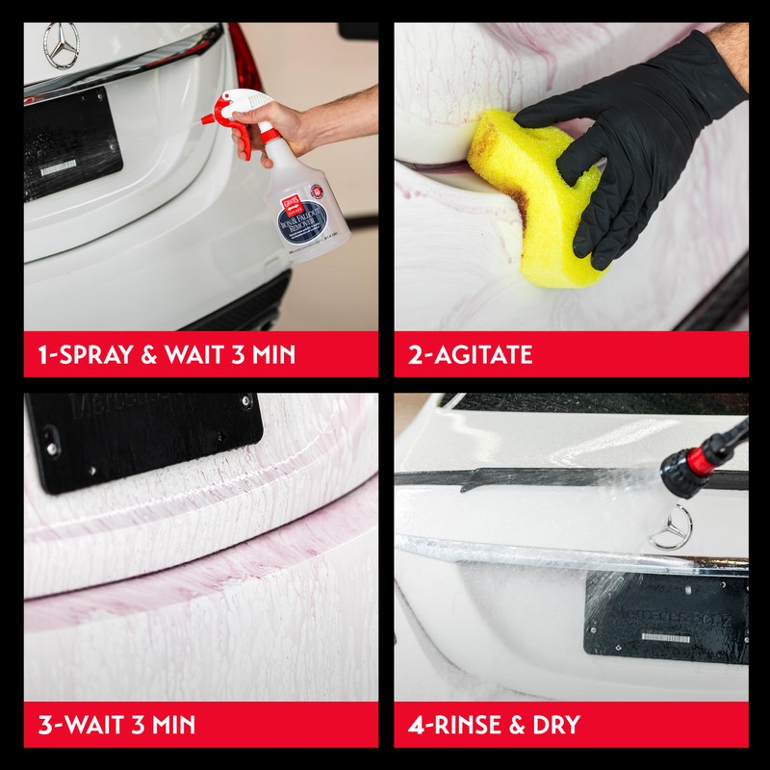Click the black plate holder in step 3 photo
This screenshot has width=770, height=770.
[x=144, y=438]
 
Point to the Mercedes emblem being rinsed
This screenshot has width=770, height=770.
[x=671, y=526]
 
